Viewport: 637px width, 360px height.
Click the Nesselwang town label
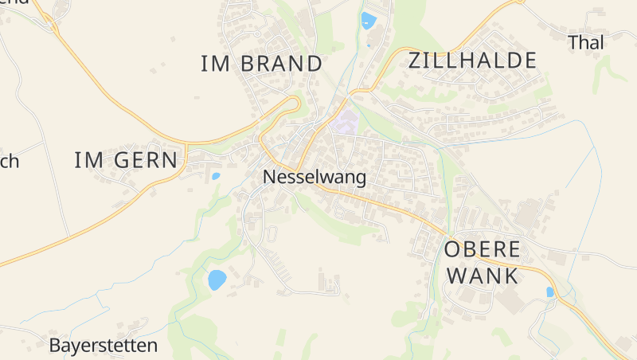(315, 177)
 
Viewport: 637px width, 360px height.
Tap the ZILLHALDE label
(472, 61)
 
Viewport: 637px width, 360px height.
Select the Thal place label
(586, 43)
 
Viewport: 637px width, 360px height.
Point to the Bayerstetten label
(104, 346)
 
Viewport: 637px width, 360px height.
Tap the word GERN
(147, 160)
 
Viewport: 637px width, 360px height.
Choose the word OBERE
(482, 249)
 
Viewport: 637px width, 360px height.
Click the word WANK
(483, 276)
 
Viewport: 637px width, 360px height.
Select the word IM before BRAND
(215, 64)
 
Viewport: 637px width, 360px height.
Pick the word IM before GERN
(89, 160)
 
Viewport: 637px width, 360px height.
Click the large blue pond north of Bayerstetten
(217, 280)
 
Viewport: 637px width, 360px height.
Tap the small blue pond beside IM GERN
(216, 176)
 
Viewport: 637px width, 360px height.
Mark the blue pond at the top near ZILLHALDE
(368, 20)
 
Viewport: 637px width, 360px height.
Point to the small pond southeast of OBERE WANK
(549, 292)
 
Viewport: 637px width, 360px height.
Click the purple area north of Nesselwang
(345, 123)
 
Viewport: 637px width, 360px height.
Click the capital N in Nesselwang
(269, 177)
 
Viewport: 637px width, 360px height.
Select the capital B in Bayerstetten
(55, 346)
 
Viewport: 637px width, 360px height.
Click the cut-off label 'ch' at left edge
(9, 162)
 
